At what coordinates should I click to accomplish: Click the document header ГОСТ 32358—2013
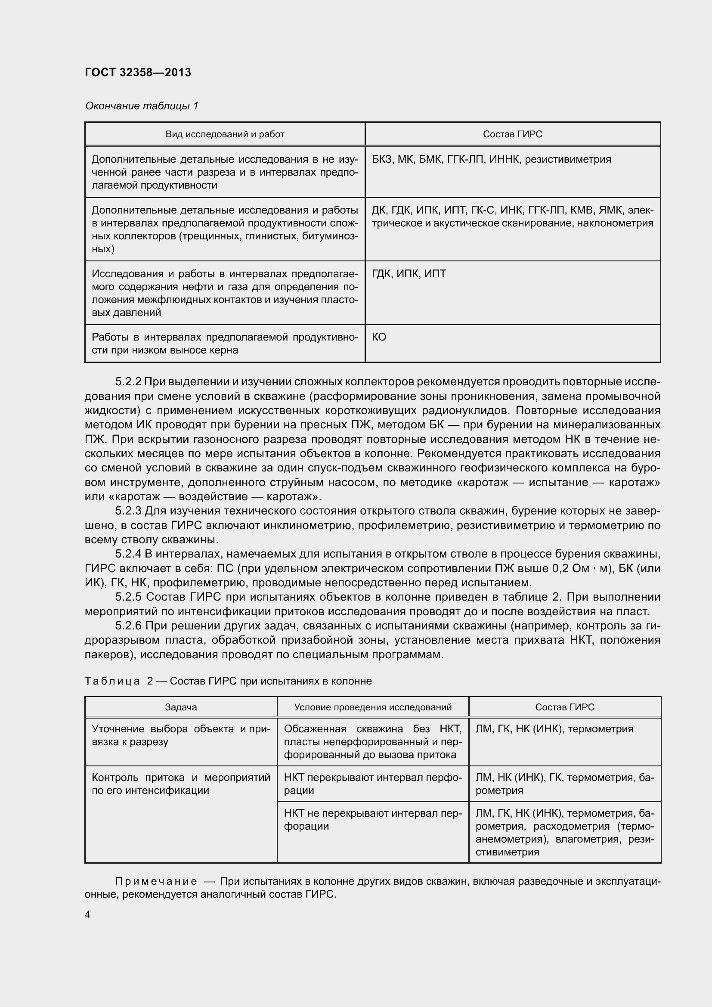[x=138, y=72]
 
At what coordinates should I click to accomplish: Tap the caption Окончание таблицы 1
[x=142, y=106]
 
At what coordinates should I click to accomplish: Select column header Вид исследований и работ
[x=224, y=134]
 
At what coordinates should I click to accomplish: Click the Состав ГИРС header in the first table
[x=512, y=134]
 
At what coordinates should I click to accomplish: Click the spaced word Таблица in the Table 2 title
[x=112, y=681]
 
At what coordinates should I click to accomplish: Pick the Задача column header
[x=181, y=707]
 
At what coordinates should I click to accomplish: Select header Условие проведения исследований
[x=373, y=707]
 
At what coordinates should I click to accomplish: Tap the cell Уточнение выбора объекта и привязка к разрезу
[x=181, y=735]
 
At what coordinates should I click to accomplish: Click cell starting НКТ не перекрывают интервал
[x=373, y=820]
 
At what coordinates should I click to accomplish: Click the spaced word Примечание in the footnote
[x=156, y=882]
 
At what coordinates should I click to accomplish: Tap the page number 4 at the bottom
[x=88, y=915]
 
